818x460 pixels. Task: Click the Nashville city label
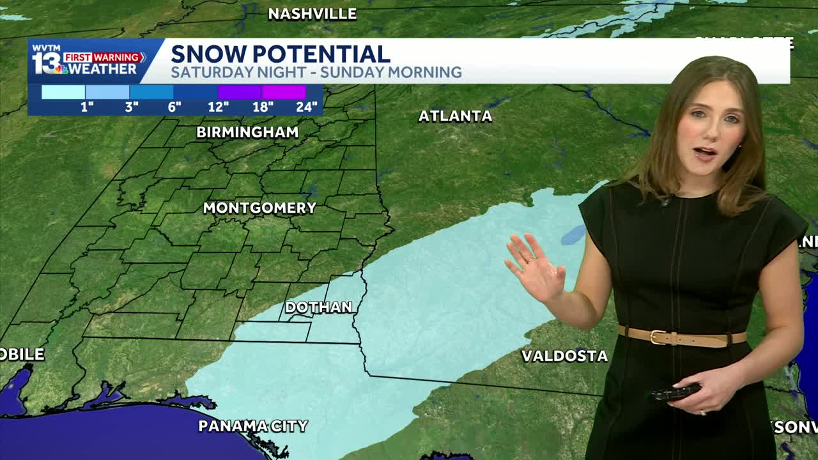coord(312,14)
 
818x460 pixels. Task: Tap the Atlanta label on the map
coord(455,116)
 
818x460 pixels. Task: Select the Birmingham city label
coord(247,132)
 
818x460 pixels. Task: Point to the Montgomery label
coord(259,208)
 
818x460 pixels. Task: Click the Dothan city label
coord(318,307)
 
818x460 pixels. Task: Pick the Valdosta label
coord(564,356)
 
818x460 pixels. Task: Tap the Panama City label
coord(253,426)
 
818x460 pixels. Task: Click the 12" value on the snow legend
coord(218,107)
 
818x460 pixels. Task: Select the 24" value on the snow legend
coord(307,107)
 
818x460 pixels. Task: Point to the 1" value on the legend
coord(87,107)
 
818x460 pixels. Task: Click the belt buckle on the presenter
coord(659,337)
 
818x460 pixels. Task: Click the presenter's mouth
coord(705,153)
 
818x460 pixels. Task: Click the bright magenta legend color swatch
coord(284,92)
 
